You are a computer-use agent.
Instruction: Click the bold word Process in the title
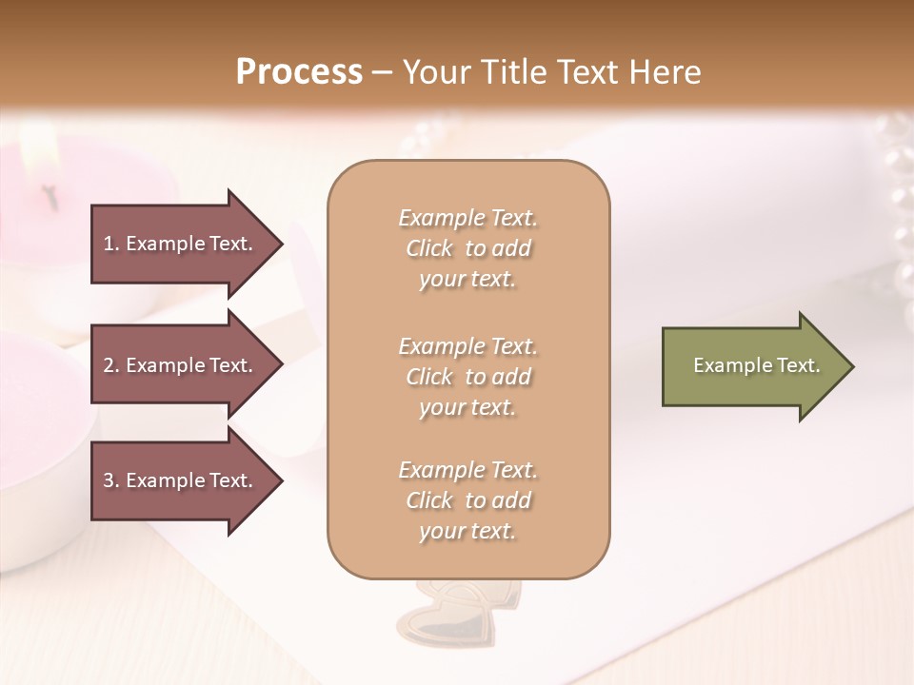pos(299,72)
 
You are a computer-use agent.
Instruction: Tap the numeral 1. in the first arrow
pos(111,245)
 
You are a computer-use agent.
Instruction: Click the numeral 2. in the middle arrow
pos(111,366)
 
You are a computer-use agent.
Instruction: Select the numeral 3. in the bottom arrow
pos(111,481)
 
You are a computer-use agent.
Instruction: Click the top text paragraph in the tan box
pos(467,248)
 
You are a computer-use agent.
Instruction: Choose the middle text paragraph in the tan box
pos(467,377)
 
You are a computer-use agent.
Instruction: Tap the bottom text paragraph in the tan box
pos(467,500)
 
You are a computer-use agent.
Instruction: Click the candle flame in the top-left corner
pos(38,147)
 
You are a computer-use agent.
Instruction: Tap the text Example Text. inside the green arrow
pos(756,366)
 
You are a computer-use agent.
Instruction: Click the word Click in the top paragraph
pos(428,249)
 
